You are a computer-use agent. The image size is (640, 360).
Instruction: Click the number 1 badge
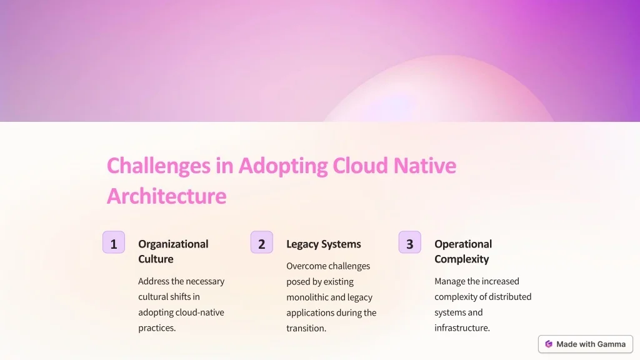114,242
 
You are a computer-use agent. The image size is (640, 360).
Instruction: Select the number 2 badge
262,242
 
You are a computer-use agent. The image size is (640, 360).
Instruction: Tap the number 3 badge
410,242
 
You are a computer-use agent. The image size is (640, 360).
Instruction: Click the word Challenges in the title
159,166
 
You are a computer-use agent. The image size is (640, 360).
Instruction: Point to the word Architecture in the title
166,196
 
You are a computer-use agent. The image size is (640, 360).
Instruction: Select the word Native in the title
425,166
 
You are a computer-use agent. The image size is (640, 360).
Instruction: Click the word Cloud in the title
360,166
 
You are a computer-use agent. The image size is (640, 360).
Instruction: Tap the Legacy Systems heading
324,244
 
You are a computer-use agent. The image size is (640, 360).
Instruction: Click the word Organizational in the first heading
173,244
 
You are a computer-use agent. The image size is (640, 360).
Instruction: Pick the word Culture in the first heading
156,259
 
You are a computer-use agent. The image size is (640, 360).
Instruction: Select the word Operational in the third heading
463,244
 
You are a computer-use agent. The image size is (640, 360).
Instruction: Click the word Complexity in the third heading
462,259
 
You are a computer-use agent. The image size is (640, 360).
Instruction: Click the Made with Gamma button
585,344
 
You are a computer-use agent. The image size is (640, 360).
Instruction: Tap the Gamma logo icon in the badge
549,344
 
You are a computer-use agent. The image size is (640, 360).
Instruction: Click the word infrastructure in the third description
461,327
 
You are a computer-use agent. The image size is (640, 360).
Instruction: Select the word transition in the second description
305,328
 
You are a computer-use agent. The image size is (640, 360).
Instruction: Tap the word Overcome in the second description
304,266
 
